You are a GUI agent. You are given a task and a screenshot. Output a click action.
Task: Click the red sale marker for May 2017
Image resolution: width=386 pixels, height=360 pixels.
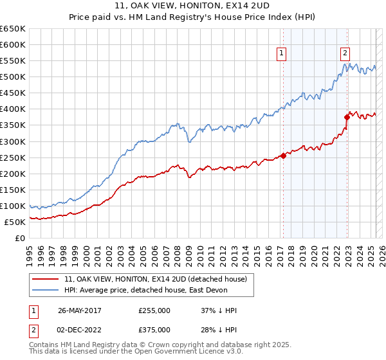[x=283, y=156]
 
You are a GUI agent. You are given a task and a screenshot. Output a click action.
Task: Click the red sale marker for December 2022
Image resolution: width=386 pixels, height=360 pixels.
[x=347, y=117]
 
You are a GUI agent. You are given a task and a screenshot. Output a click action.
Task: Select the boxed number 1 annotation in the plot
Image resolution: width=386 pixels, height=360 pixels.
[x=282, y=53]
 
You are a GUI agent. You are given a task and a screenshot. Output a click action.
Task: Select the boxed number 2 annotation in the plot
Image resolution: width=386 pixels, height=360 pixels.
[x=345, y=53]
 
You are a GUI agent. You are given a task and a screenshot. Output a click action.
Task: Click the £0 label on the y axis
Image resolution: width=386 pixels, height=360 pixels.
[x=20, y=238]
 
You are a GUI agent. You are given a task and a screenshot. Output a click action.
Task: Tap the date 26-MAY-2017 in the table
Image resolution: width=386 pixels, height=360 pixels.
[x=80, y=310]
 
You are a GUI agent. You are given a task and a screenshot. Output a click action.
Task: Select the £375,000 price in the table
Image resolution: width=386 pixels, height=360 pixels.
[x=154, y=330]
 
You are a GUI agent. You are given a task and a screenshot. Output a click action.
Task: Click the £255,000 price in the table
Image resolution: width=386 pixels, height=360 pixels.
[x=154, y=310]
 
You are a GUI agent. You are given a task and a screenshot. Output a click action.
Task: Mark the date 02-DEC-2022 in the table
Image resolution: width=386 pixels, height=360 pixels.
[x=80, y=330]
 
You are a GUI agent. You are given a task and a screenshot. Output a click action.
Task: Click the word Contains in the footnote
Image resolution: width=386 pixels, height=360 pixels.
[x=44, y=345]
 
